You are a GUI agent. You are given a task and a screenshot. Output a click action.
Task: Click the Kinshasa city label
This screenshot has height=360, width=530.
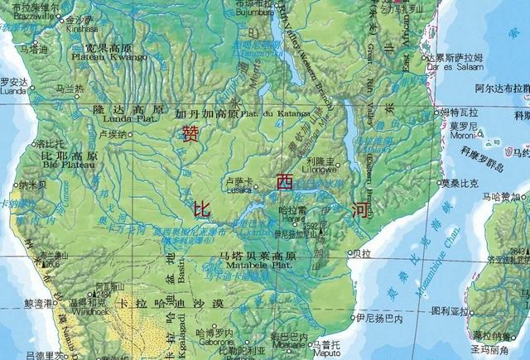81,27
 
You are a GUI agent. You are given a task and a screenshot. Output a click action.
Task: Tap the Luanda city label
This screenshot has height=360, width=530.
15,92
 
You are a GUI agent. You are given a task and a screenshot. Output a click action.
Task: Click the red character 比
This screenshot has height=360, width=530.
201,209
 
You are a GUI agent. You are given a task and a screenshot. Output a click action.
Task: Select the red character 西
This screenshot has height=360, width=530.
285,182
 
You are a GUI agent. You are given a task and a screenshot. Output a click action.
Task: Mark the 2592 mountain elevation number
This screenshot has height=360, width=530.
311,225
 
